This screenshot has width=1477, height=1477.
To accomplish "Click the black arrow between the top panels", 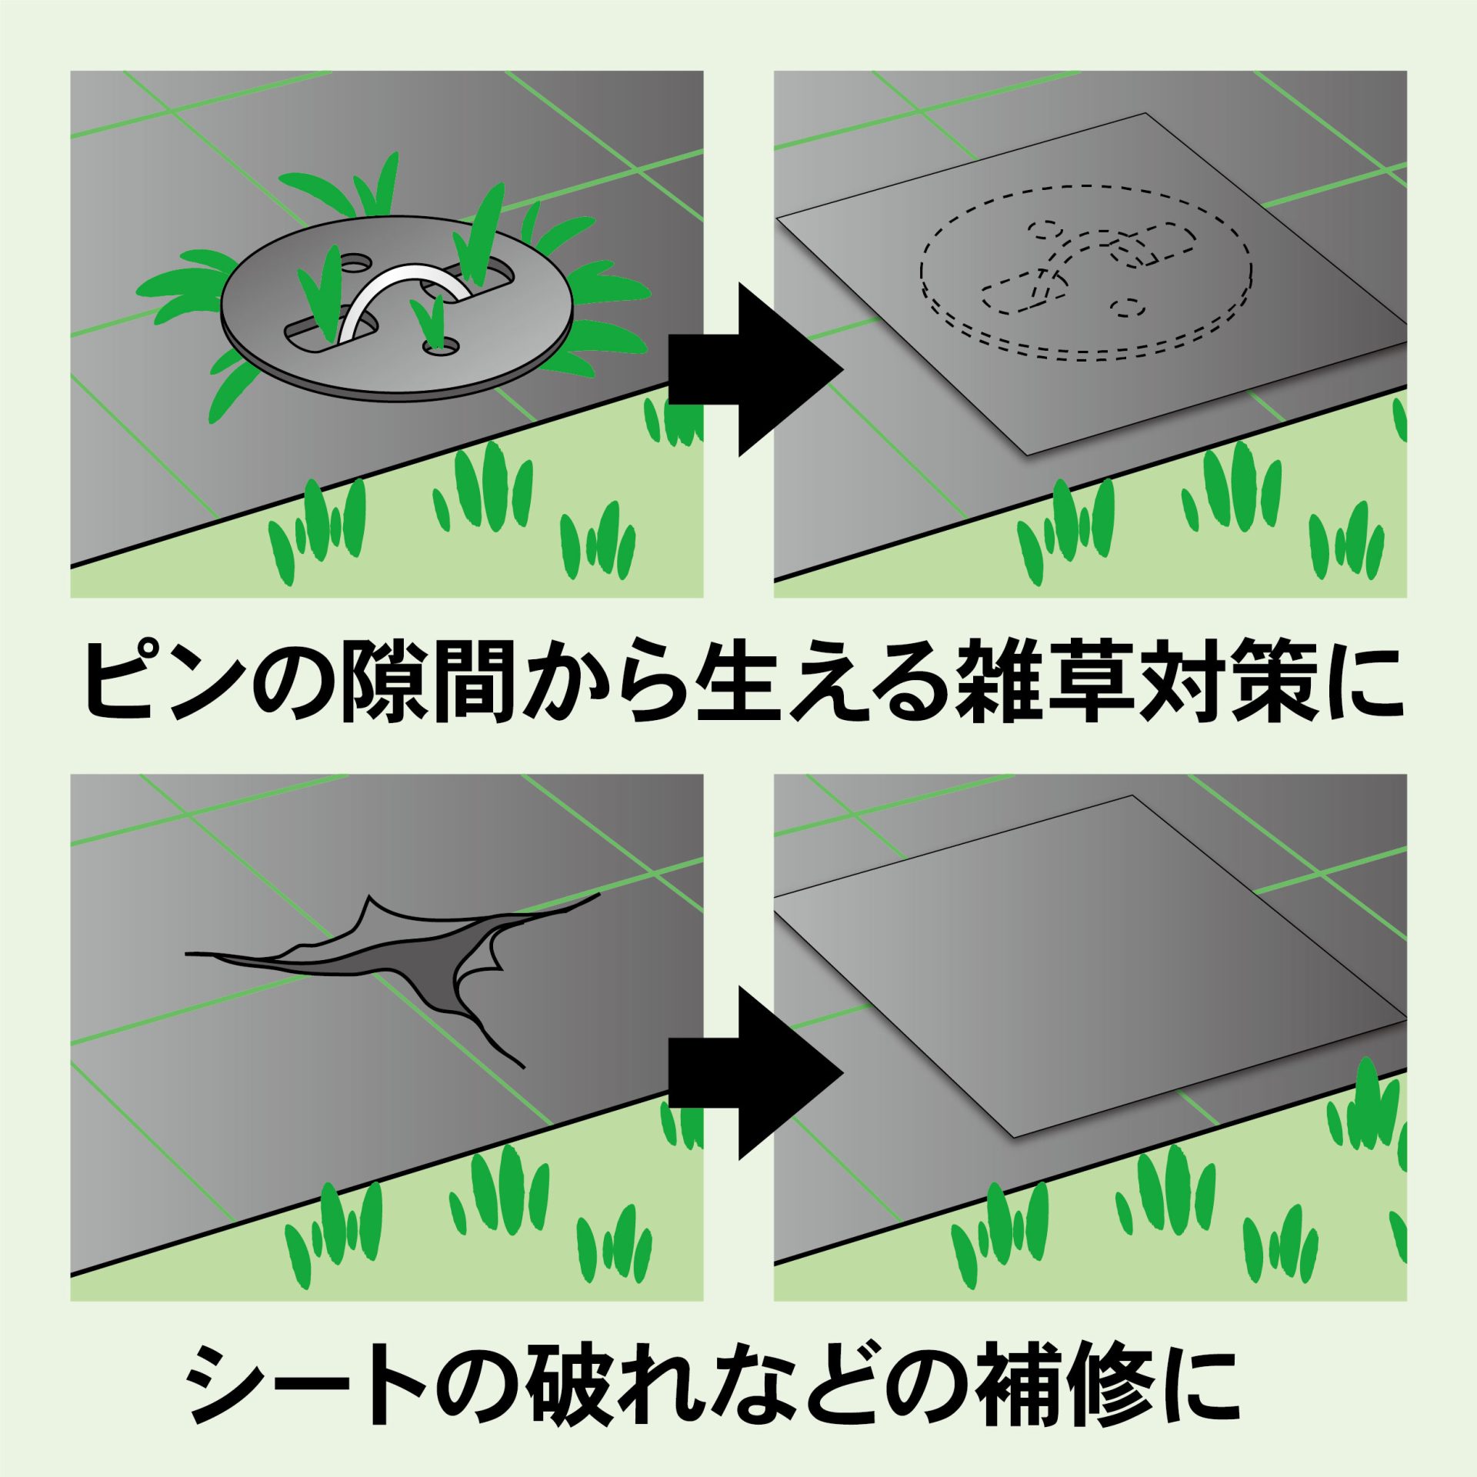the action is (756, 369).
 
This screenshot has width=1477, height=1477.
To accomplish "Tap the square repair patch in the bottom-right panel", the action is (1089, 971).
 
